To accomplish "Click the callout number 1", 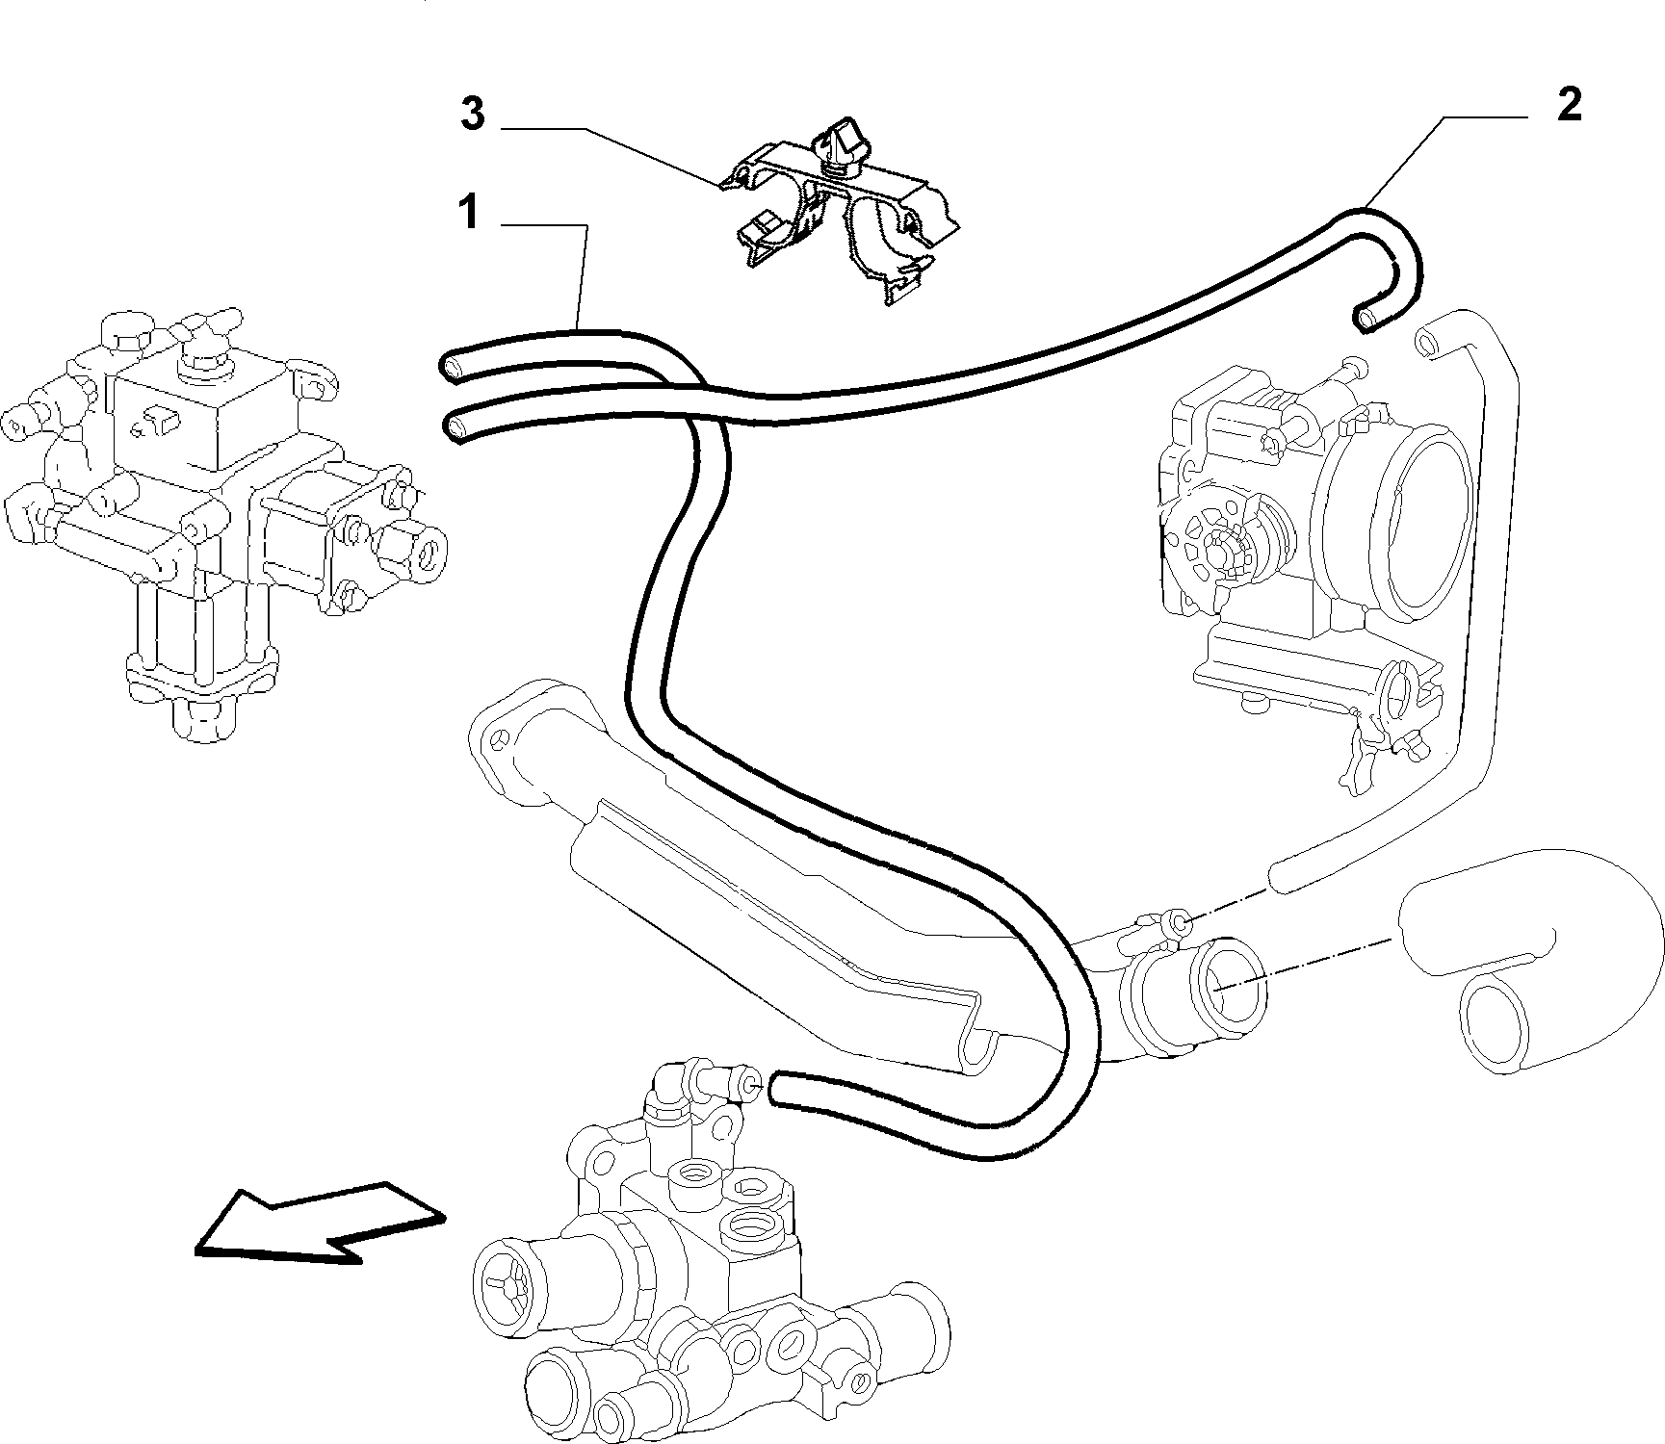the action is coord(469,213).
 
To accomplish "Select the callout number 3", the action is coord(472,114).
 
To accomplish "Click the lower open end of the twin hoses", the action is coord(454,425).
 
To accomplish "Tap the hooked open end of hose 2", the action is coord(1366,318).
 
